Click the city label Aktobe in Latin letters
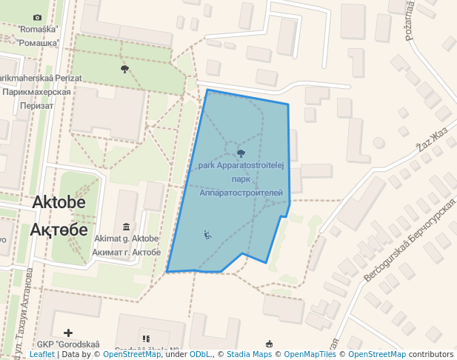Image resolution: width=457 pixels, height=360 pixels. coord(59,203)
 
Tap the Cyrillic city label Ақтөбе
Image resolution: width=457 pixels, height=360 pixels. coord(59,228)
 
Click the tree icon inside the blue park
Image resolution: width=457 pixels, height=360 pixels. coord(241,153)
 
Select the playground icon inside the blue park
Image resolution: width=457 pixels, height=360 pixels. coord(207,235)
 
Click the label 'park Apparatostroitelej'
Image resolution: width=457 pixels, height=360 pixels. coord(241,166)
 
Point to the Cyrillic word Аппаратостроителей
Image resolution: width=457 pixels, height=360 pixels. coord(241,193)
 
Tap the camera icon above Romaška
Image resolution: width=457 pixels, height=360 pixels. coord(38,17)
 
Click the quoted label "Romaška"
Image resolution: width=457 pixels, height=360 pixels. coord(38,30)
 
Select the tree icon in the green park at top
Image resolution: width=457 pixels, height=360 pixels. coord(124,69)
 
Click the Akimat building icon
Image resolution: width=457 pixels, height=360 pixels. coord(126,226)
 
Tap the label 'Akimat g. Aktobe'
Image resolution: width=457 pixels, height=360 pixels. coord(126,239)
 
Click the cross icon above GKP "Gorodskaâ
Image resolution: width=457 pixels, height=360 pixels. coord(68,333)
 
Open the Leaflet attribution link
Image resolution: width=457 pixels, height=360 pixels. coord(41,355)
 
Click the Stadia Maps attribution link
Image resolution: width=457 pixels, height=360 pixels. coord(247,355)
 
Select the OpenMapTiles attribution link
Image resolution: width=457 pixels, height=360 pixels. coord(311,355)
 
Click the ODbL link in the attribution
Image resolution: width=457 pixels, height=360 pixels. coord(201,355)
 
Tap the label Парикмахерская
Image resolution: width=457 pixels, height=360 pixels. coord(36,93)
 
